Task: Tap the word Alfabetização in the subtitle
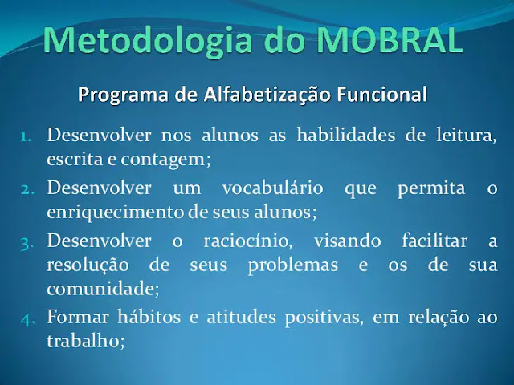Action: click(x=267, y=95)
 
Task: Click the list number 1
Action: click(x=26, y=137)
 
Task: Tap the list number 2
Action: click(x=27, y=189)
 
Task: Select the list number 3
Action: click(x=27, y=244)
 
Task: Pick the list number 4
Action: click(x=27, y=319)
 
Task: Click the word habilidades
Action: click(x=346, y=135)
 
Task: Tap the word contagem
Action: click(x=166, y=160)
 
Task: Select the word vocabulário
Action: click(x=273, y=188)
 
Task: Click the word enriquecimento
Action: click(x=115, y=213)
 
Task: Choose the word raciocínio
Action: click(x=248, y=241)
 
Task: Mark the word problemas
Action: click(x=293, y=265)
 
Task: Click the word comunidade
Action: click(x=103, y=289)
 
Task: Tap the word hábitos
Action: click(x=149, y=317)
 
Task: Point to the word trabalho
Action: click(x=86, y=341)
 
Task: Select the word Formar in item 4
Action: click(x=78, y=317)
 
